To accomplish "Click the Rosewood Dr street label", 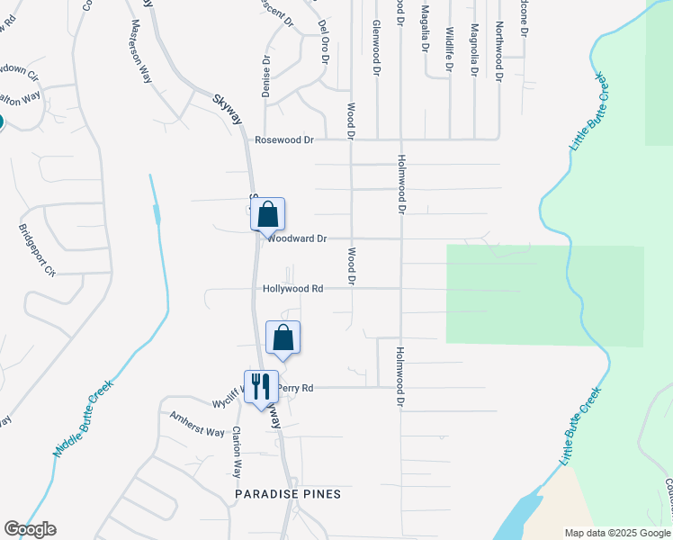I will tap(284, 140).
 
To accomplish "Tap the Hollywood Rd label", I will tap(293, 289).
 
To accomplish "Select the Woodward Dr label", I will tap(296, 239).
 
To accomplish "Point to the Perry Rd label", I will tap(295, 389).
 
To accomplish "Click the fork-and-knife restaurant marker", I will tap(260, 387).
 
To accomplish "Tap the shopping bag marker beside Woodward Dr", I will tap(267, 215).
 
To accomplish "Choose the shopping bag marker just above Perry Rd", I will tap(283, 338).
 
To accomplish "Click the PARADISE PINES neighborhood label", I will tap(275, 495).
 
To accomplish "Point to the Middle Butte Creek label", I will tap(85, 418).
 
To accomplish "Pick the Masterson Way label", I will tap(140, 51).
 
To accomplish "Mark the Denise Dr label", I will tap(266, 77).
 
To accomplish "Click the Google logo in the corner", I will tap(30, 529).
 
